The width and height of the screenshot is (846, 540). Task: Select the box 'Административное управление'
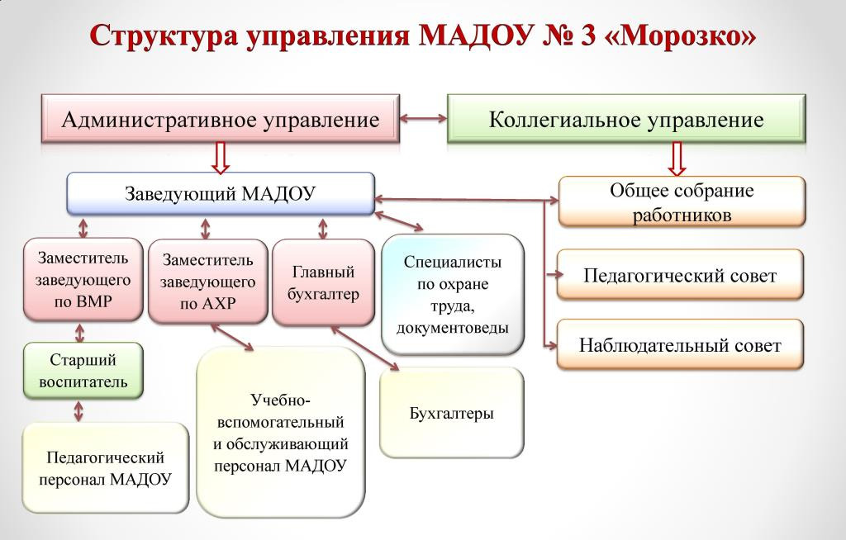tap(221, 120)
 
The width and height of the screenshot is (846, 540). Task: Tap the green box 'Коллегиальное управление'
tap(625, 120)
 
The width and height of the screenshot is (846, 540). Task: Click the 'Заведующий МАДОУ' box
tap(221, 193)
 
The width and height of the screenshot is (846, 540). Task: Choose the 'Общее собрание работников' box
tap(682, 202)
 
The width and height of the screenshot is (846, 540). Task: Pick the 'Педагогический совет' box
tap(680, 275)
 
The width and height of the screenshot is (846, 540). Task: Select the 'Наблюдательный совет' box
tap(680, 345)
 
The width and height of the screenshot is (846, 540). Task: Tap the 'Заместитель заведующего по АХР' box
tap(208, 282)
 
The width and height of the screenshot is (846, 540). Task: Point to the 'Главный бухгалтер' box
tap(323, 282)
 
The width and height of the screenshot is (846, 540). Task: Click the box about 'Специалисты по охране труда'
tap(453, 294)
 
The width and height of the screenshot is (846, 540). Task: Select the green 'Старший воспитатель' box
tap(83, 371)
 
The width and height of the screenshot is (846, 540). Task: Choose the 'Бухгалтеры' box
tap(451, 413)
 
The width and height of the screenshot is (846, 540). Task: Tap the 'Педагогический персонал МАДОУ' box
tap(105, 468)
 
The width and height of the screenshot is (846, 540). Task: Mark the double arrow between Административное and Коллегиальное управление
tap(422, 119)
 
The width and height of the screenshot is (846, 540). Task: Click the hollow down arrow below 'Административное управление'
tap(221, 157)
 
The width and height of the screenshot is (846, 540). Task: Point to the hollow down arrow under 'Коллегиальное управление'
tap(677, 159)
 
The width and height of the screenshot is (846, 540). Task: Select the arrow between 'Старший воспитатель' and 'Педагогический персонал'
tap(79, 410)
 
